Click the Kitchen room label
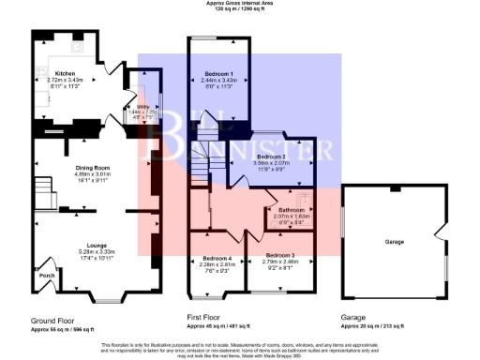coord(65,73)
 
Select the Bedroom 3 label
coord(279,255)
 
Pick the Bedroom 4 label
coord(216,258)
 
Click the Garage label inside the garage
coord(393,240)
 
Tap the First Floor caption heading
coord(206,318)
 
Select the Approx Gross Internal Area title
coord(239,4)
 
